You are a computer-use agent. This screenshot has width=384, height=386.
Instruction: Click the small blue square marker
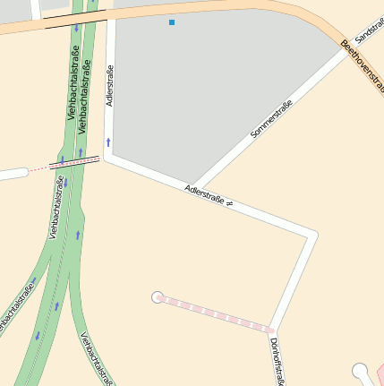point(172,21)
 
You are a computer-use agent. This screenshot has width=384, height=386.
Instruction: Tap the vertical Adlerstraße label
point(110,86)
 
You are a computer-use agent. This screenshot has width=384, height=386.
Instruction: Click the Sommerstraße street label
point(271,118)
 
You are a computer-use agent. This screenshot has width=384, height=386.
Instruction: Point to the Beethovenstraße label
point(363,66)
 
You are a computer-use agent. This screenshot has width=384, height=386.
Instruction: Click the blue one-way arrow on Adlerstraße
point(108,142)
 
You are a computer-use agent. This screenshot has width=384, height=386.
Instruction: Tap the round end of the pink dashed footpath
point(158,296)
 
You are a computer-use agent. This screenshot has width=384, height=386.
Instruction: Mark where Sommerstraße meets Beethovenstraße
point(346,48)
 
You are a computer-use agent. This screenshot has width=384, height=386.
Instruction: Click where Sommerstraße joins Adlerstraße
point(196,185)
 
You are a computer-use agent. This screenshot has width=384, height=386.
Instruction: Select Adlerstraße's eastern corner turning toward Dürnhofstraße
point(312,236)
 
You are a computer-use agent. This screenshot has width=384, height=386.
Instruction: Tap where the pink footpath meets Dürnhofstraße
point(273,329)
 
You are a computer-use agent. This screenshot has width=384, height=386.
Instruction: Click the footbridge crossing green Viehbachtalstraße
point(74,163)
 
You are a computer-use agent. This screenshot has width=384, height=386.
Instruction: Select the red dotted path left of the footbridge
point(38,168)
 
